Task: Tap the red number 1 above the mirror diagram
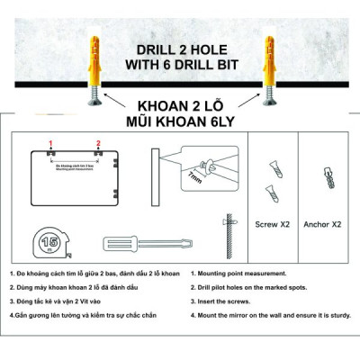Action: (51, 143)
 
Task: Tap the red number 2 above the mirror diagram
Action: (98, 143)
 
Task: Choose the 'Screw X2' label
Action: (272, 223)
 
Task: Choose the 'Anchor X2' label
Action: (323, 223)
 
